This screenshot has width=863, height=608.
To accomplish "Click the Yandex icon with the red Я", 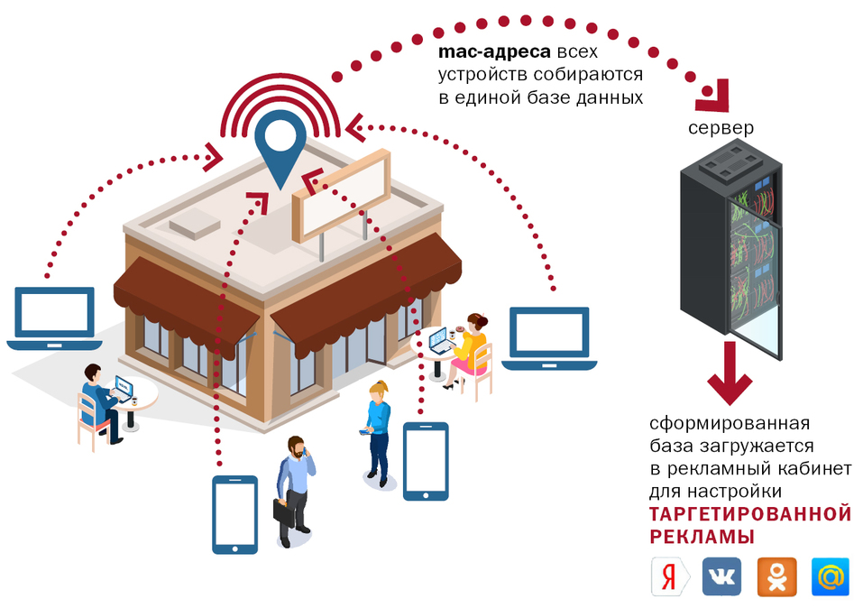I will click(668, 576).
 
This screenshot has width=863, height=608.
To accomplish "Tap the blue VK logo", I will click(721, 576).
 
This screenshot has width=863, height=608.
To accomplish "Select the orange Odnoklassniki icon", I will click(776, 576).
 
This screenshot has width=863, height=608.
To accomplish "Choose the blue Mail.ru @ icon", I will click(830, 576).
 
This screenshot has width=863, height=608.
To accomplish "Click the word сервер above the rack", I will click(721, 128).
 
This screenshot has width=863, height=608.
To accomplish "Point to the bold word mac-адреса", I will click(493, 53).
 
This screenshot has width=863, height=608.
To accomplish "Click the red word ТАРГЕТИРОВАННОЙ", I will click(750, 514).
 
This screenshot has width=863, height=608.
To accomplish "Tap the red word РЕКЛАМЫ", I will click(702, 537).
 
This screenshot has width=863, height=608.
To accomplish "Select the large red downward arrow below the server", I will click(730, 377).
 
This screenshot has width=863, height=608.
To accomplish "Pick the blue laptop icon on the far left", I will click(53, 318).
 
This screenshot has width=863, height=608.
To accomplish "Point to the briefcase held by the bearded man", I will click(285, 509).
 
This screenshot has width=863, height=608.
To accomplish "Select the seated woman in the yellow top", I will click(470, 348).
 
